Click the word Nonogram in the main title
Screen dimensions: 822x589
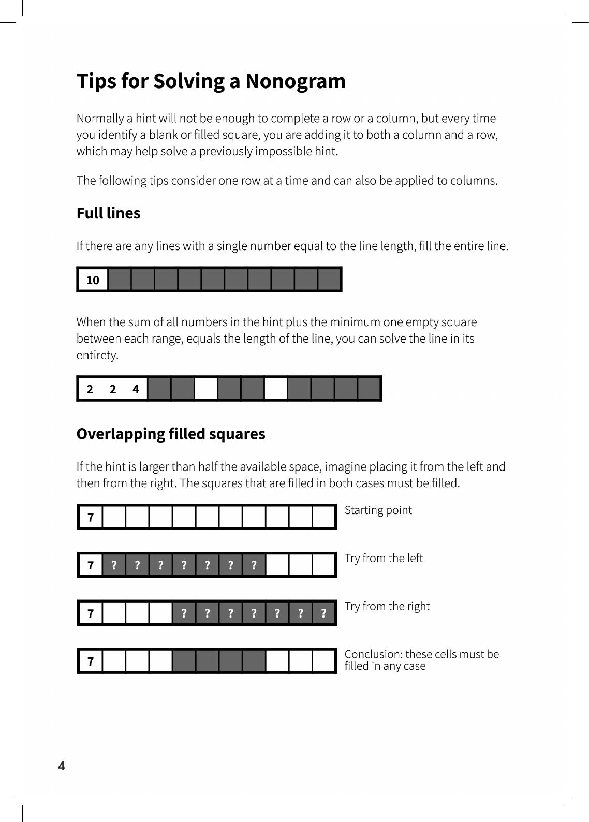pyautogui.click(x=295, y=81)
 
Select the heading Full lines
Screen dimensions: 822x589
pyautogui.click(x=108, y=213)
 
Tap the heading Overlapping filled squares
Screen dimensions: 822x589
pyautogui.click(x=171, y=434)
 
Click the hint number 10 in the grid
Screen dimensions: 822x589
pyautogui.click(x=93, y=280)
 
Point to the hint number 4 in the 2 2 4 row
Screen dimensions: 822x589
pyautogui.click(x=136, y=389)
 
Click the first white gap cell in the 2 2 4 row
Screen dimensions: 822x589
pyautogui.click(x=206, y=389)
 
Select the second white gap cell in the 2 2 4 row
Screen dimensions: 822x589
pyautogui.click(x=276, y=389)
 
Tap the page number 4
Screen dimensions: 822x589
pyautogui.click(x=62, y=766)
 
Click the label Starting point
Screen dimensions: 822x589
pyautogui.click(x=378, y=510)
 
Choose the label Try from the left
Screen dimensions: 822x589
pyautogui.click(x=384, y=559)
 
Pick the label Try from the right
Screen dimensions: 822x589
pyautogui.click(x=387, y=607)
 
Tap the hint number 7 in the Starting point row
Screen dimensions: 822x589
pyautogui.click(x=91, y=517)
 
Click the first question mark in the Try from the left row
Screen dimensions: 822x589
pyautogui.click(x=114, y=565)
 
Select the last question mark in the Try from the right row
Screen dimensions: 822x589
pyautogui.click(x=323, y=613)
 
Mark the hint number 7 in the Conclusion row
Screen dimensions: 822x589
pyautogui.click(x=91, y=662)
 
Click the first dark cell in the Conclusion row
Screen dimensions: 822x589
pyautogui.click(x=184, y=661)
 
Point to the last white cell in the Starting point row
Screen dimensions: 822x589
pyautogui.click(x=323, y=517)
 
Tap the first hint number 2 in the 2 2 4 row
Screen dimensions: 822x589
pyautogui.click(x=90, y=389)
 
